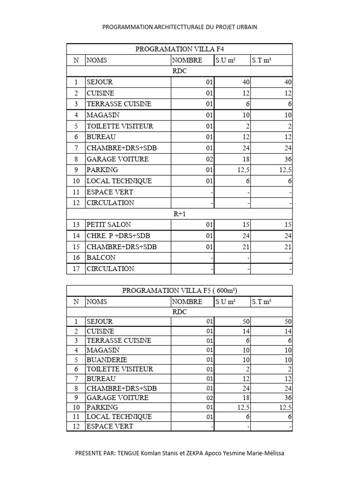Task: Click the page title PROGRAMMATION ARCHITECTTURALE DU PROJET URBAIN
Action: [x=180, y=27]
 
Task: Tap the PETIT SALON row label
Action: [x=109, y=225]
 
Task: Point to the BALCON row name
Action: [x=101, y=258]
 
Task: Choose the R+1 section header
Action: [x=180, y=214]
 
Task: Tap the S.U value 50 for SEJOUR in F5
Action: [x=246, y=322]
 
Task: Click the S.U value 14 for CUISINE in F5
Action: [x=246, y=331]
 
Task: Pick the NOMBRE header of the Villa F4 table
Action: [x=187, y=60]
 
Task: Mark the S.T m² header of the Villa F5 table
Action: [x=262, y=302]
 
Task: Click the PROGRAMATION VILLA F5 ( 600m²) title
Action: [x=180, y=291]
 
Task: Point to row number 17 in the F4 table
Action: [x=76, y=269]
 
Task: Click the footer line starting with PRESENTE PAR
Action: [x=180, y=453]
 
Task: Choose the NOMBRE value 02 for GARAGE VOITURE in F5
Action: [x=209, y=397]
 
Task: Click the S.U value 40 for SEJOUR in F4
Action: [x=246, y=82]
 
